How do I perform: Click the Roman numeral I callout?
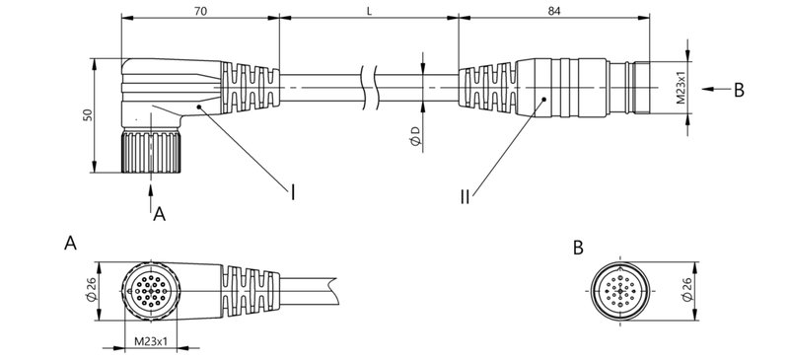(x=292, y=191)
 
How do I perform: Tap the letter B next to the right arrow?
(x=738, y=90)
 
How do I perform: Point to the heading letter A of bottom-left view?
(x=70, y=244)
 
